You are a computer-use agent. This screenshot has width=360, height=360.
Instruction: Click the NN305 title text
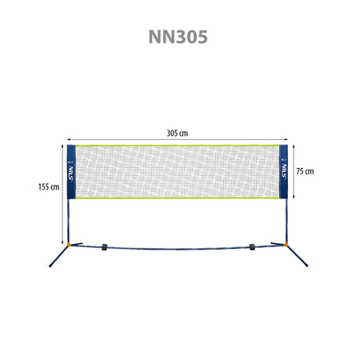click(x=178, y=37)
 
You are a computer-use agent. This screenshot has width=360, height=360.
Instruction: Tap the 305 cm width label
click(x=178, y=133)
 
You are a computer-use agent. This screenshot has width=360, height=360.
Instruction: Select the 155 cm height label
click(x=49, y=187)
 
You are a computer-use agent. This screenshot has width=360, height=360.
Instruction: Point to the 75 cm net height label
click(x=305, y=171)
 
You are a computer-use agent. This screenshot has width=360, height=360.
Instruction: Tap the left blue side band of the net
click(x=71, y=172)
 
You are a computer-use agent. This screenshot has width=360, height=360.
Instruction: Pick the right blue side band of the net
click(x=283, y=171)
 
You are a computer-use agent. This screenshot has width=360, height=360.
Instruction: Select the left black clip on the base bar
click(x=104, y=247)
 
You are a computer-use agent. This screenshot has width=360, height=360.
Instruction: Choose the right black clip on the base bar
click(x=252, y=247)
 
